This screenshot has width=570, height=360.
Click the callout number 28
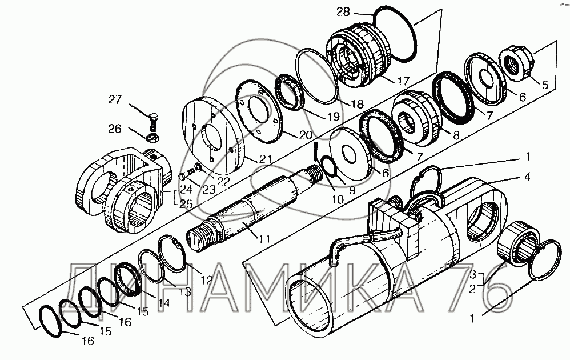point(343,12)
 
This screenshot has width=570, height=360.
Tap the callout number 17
point(403,81)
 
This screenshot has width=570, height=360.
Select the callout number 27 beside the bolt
point(115,99)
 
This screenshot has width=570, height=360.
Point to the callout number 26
point(115,129)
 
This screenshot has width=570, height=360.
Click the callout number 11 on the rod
point(264,239)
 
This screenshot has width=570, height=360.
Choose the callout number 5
point(544,85)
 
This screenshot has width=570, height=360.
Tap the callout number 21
point(265,159)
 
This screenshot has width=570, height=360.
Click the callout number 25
point(186,204)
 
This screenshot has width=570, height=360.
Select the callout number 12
point(206,280)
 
